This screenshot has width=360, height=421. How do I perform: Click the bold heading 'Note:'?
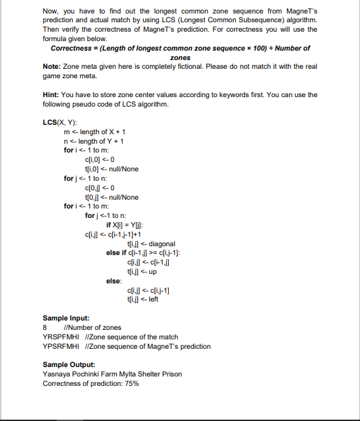(52, 66)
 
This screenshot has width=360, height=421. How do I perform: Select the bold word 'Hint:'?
(52, 95)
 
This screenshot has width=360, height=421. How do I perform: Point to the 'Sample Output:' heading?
(69, 364)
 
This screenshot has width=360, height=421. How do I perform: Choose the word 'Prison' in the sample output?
(172, 374)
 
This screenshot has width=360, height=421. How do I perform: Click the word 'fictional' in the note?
(182, 66)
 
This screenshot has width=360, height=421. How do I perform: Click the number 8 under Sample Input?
(45, 327)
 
